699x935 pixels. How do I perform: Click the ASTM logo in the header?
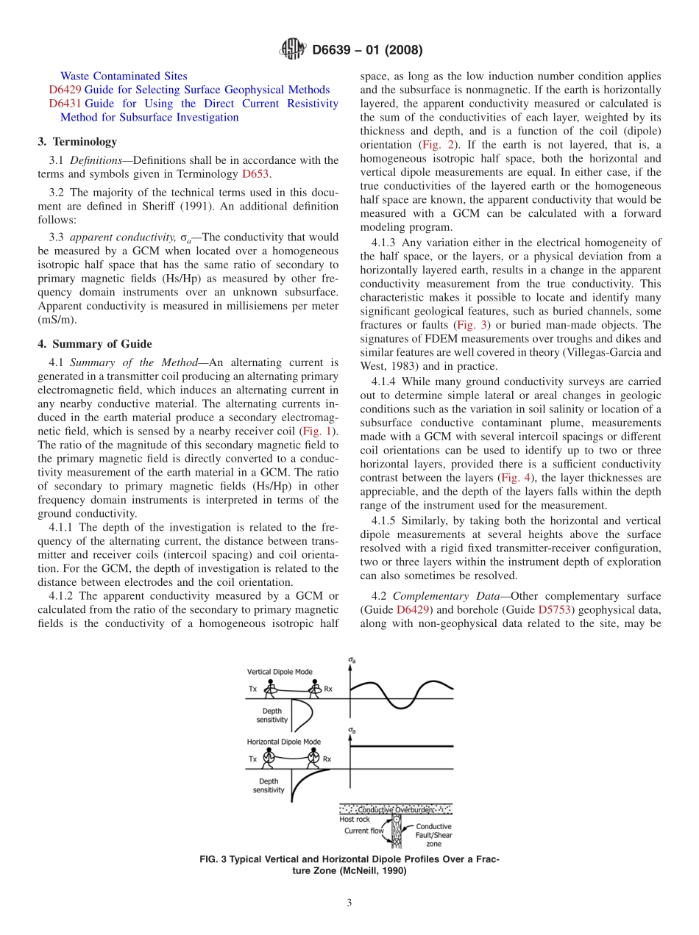(x=294, y=50)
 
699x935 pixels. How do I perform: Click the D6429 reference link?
(x=65, y=90)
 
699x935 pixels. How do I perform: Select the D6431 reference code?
(x=65, y=104)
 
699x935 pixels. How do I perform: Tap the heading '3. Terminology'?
(x=77, y=141)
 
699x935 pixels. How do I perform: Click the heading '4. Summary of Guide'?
(x=95, y=343)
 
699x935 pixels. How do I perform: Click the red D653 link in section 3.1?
(x=255, y=174)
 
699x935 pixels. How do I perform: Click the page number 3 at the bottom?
(x=349, y=903)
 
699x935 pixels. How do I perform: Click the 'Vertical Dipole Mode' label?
(x=280, y=671)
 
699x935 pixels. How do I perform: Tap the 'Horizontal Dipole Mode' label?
(x=284, y=742)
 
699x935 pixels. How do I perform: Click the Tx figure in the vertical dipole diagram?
(x=270, y=689)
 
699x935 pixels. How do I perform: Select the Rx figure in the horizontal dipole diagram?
(x=314, y=757)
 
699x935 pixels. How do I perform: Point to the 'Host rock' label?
(x=354, y=819)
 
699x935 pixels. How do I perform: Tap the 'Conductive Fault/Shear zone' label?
(x=433, y=834)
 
